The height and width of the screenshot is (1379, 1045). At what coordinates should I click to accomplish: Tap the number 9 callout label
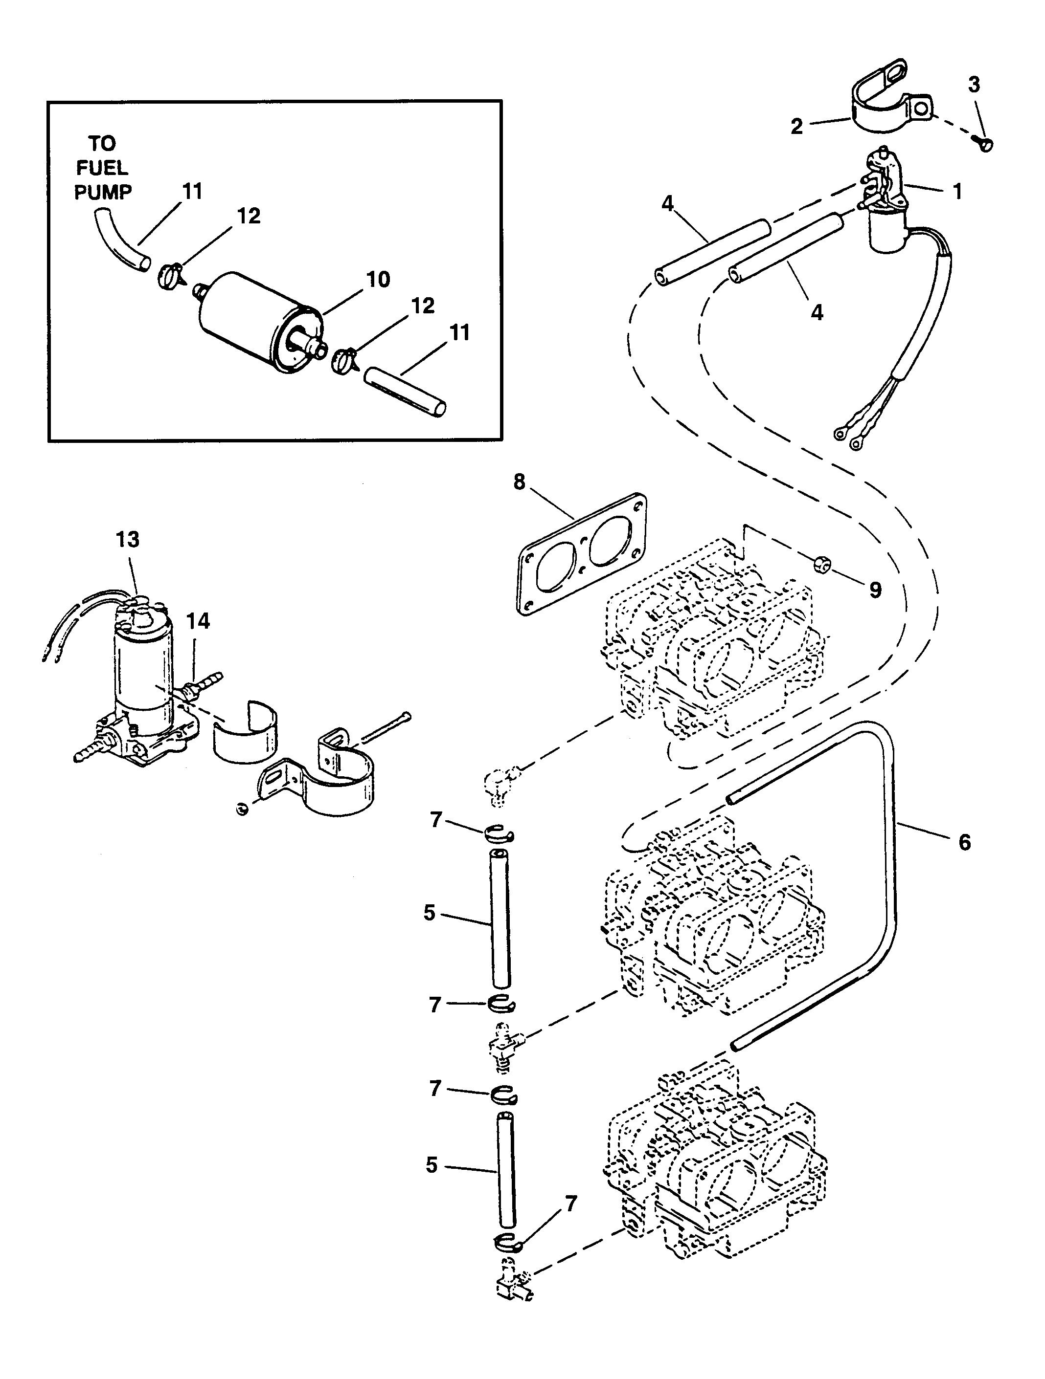point(875,590)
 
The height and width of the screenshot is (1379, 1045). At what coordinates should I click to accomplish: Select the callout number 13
point(127,539)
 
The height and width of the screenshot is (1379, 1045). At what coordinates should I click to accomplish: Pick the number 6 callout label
point(964,842)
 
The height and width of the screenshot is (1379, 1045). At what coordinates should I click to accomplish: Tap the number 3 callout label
point(974,84)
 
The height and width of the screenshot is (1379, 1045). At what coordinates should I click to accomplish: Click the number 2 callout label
point(796,126)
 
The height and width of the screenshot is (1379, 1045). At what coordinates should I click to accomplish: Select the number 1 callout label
point(956,191)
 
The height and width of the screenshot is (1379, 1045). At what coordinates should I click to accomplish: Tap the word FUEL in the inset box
point(102,168)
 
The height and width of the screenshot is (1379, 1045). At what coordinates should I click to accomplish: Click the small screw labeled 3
point(984,145)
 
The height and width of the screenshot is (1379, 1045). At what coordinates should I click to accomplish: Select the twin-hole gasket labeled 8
point(581,553)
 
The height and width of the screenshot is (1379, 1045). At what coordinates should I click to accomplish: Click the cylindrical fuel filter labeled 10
point(261,322)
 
